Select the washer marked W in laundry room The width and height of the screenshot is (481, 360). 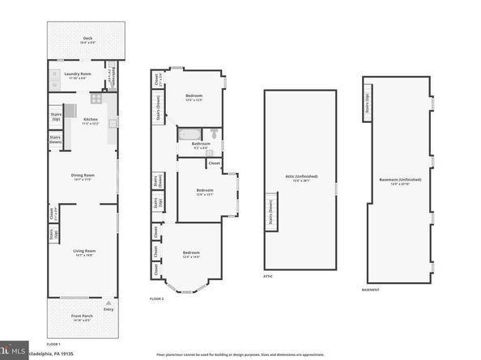coord(55,83)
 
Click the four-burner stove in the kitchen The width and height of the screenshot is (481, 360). coord(96,100)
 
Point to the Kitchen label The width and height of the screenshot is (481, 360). coord(90,121)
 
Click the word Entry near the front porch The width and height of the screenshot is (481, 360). coord(109,308)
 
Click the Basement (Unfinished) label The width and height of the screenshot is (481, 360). coord(401,180)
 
